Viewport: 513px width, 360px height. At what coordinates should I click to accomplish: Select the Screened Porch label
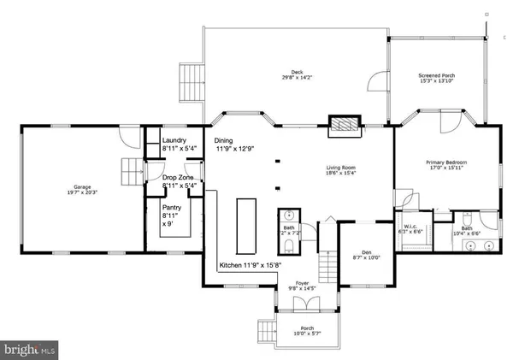436,78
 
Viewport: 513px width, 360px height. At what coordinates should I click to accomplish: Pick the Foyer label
302,286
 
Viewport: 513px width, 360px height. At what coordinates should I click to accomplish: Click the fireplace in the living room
345,125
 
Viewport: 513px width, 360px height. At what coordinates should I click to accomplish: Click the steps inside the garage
129,171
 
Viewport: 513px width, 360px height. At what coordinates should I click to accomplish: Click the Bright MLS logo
31,349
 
